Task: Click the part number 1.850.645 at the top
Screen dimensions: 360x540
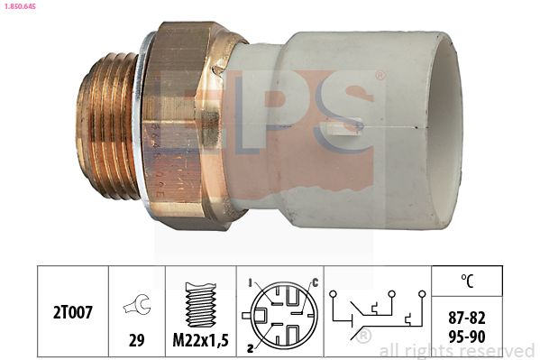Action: pyautogui.click(x=22, y=6)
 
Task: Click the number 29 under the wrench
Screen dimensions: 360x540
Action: pyautogui.click(x=137, y=341)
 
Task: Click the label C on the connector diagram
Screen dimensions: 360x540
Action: pyautogui.click(x=314, y=282)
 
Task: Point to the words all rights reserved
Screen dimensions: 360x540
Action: pyautogui.click(x=457, y=350)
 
